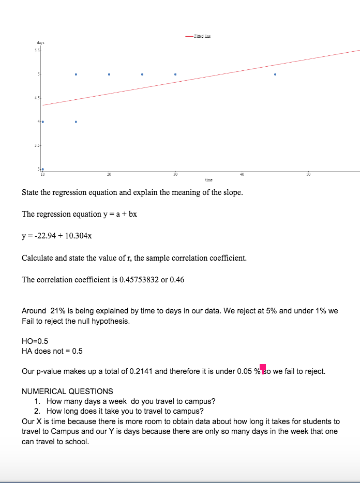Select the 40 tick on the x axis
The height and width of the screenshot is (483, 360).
(x=242, y=174)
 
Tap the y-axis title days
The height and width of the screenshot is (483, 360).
(x=40, y=42)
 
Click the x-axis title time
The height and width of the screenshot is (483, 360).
(x=208, y=180)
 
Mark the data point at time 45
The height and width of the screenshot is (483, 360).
(x=275, y=74)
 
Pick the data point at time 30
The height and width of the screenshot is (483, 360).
(x=175, y=74)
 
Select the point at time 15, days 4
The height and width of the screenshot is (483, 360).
(x=76, y=122)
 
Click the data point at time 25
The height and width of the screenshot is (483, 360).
(x=142, y=74)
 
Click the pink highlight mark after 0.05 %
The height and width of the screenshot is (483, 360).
(x=263, y=368)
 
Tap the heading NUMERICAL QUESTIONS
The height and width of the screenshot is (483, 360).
(x=67, y=391)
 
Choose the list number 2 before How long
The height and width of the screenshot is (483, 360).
(x=37, y=412)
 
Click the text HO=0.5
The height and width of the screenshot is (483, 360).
(x=35, y=341)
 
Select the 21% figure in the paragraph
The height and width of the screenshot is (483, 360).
(x=57, y=311)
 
